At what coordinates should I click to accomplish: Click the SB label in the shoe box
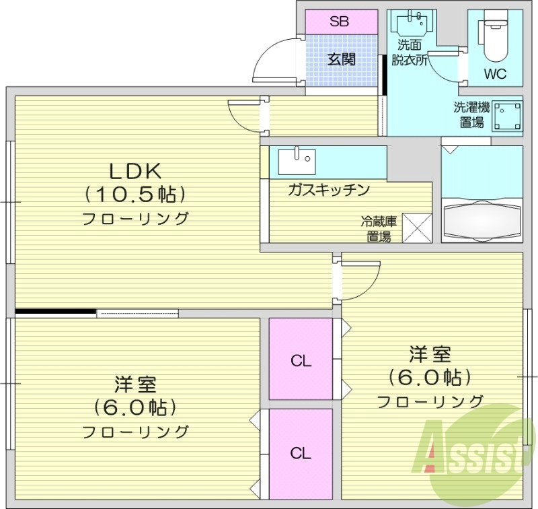coord(339,22)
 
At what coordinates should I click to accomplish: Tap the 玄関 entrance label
coord(342,59)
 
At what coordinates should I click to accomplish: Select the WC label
coord(494,73)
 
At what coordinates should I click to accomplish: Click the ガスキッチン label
coord(328,189)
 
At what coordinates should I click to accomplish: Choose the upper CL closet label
coord(301,361)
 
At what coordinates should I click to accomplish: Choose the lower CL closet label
coord(301,453)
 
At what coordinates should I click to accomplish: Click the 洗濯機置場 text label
coord(471,114)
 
